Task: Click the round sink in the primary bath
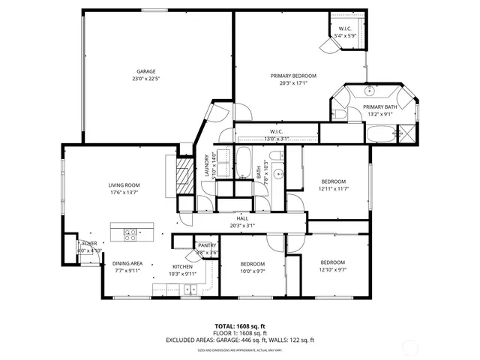(370, 91)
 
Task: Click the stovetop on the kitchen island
(129, 232)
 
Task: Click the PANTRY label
(207, 245)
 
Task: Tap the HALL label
(242, 218)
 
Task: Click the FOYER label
(89, 244)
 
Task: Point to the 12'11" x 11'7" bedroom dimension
(334, 189)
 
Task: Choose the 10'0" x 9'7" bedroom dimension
(253, 271)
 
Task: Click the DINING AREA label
(127, 263)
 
